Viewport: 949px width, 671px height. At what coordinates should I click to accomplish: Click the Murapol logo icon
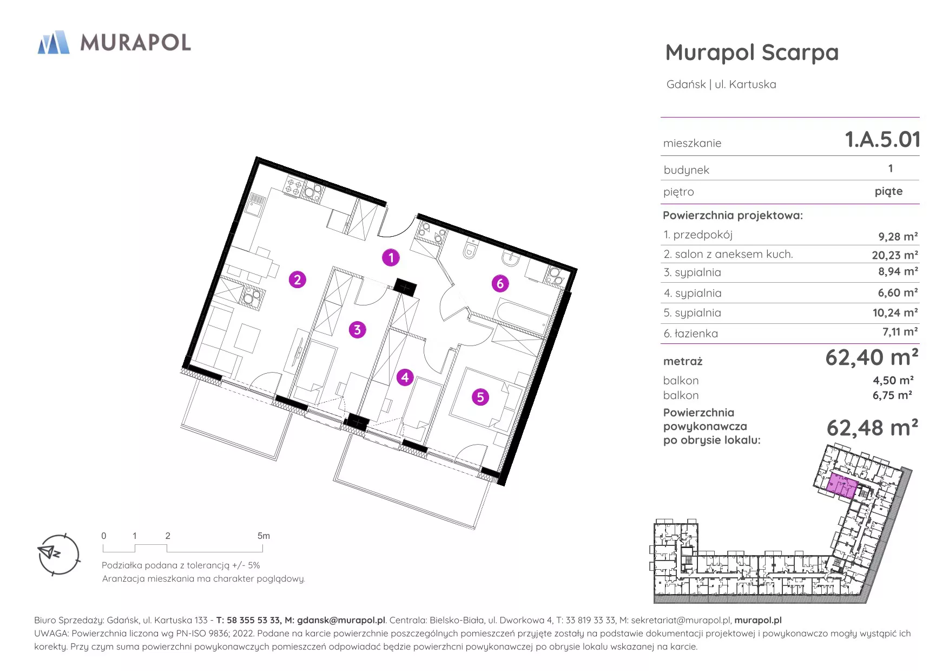[54, 42]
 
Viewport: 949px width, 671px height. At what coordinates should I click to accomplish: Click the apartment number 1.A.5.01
[882, 140]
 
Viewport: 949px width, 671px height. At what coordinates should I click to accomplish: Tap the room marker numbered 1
[391, 257]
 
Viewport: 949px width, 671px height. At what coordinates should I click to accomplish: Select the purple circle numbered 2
[297, 279]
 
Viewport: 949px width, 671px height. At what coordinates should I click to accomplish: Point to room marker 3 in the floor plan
[357, 329]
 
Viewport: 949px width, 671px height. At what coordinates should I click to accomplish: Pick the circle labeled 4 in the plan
[405, 377]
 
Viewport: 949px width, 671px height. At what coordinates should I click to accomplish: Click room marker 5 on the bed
[480, 397]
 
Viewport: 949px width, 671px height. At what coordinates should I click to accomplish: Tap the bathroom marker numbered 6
[500, 283]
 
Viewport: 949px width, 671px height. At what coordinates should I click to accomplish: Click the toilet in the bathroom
[471, 250]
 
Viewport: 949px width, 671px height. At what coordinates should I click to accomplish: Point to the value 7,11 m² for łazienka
[900, 332]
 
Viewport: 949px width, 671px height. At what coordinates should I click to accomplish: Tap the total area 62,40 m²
[872, 357]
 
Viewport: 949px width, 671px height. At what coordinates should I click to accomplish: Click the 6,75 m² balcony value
[892, 395]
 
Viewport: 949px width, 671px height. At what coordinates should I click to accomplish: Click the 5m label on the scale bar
[263, 536]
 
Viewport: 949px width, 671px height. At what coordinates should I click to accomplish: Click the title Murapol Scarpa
[752, 53]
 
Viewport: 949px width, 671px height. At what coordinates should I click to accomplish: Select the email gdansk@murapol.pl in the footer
[341, 620]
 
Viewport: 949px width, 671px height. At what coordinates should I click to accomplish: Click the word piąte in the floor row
[889, 191]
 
